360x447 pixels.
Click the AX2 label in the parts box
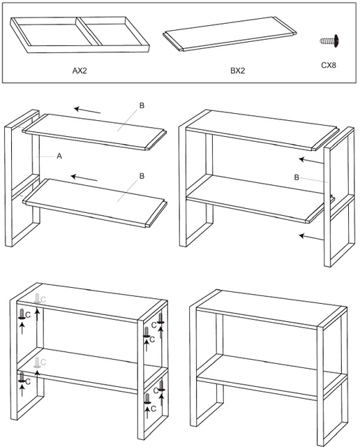click(80, 71)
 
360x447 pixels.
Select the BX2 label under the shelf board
click(237, 71)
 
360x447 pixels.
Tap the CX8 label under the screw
click(329, 65)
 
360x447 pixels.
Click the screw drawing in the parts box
click(330, 41)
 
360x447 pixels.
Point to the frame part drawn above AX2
click(80, 34)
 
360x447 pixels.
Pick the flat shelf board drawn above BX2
click(230, 34)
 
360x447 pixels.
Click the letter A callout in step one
click(59, 156)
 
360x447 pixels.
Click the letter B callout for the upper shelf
click(142, 105)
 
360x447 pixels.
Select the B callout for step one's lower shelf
click(142, 176)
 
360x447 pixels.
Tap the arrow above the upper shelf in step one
click(87, 110)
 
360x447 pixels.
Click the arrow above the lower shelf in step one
click(84, 178)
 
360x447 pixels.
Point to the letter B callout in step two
click(297, 177)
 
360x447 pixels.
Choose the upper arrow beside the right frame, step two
click(311, 161)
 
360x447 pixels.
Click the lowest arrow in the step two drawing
click(311, 237)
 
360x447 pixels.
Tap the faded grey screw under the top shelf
click(37, 299)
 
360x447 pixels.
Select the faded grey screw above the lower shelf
click(37, 362)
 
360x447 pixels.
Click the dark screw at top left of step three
click(22, 314)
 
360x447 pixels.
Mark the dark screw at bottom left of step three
click(22, 377)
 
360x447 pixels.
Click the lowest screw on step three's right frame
click(147, 399)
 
